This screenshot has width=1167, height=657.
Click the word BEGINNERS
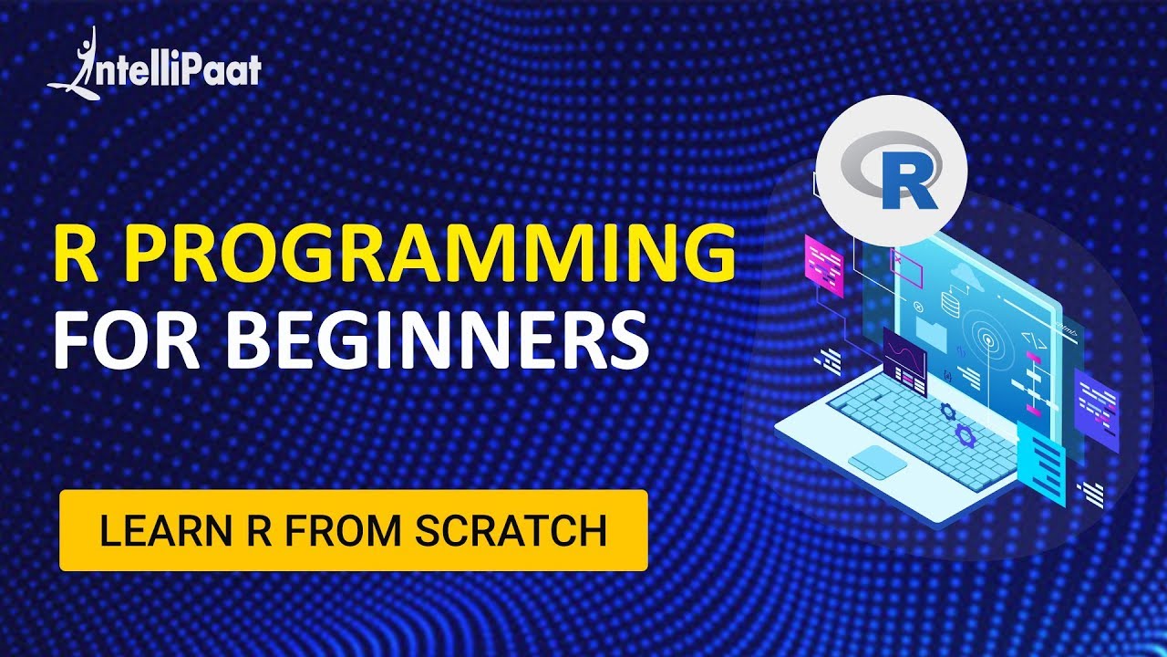438,338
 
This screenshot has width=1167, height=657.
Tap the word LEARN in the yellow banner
166,531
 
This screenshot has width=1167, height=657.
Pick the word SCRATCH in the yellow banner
511,531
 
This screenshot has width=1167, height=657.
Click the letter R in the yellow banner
259,531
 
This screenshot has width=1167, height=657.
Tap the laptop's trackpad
877,462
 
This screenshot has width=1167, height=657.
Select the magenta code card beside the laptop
823,266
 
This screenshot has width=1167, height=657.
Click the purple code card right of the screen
1096,411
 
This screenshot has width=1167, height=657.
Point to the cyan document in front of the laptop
1041,465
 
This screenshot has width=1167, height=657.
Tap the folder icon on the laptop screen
931,334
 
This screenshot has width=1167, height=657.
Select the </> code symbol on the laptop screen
1034,341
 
